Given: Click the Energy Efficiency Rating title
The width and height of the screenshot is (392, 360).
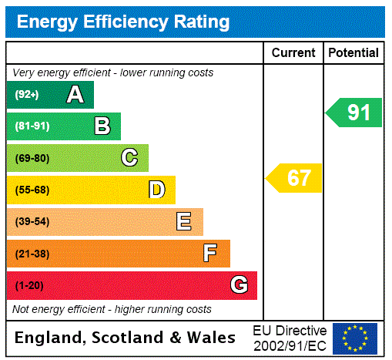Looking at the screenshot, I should tap(122, 22).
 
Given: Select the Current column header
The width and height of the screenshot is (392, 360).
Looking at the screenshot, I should tap(293, 53).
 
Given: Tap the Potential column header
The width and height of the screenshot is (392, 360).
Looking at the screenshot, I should tap(353, 53).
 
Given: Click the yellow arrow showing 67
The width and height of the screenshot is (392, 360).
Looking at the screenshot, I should tap(295, 178).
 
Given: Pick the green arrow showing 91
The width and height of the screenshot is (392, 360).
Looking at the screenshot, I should tap(354, 113).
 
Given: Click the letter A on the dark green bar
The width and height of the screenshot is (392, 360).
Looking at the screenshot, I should tap(75, 95).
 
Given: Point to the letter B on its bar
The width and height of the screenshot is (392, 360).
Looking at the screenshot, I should tap(102, 126).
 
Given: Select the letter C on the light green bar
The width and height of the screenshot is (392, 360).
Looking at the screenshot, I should tap(129, 158).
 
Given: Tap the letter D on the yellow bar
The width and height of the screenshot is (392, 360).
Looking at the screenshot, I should tap(156, 190).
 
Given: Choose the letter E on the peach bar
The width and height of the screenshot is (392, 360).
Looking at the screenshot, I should tap(184, 222).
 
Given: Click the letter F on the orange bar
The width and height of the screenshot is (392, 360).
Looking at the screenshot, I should tap(210, 254).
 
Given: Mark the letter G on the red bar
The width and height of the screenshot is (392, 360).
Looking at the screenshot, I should tap(239, 285).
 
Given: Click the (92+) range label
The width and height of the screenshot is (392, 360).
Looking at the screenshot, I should tap(26, 96).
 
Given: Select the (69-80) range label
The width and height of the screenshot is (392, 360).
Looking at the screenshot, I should tap(32, 159).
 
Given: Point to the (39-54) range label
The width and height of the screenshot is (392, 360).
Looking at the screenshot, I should tap(32, 222).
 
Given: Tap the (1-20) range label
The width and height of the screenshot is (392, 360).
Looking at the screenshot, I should tap(28, 286).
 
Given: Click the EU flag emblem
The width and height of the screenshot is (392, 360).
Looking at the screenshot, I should tap(355, 338).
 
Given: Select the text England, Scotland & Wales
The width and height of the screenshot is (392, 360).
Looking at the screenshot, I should tap(126, 338).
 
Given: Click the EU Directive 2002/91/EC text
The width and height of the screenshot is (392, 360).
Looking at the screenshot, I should tap(290, 338).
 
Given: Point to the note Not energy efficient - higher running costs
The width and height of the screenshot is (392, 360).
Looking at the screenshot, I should tap(112, 309).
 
